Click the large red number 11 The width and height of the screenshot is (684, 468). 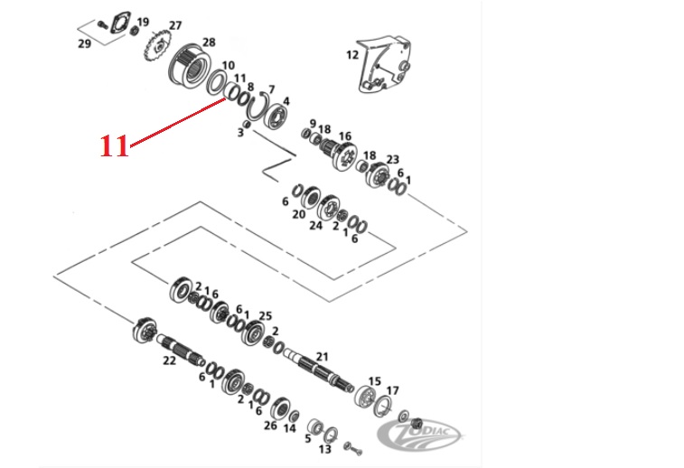(x=115, y=145)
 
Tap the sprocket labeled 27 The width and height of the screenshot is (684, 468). (x=158, y=47)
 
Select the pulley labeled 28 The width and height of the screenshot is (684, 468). (x=190, y=68)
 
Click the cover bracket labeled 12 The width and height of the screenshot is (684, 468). (x=384, y=64)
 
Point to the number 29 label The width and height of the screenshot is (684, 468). (x=84, y=43)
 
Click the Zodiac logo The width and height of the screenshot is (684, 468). (x=419, y=435)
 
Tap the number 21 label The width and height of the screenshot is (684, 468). (x=322, y=357)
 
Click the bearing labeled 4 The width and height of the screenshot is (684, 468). (x=276, y=117)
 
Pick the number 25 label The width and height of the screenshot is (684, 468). (x=266, y=315)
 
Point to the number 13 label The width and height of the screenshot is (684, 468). (x=325, y=448)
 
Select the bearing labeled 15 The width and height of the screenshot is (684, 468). (x=365, y=398)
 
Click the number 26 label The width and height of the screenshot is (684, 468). (x=270, y=425)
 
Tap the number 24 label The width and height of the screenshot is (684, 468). (x=315, y=225)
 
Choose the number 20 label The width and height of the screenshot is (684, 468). (x=299, y=214)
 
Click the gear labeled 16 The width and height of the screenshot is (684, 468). (x=340, y=154)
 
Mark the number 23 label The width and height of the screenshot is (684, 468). (x=392, y=159)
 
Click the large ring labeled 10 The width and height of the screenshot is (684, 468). (x=216, y=81)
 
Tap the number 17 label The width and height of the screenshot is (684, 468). (x=393, y=390)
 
